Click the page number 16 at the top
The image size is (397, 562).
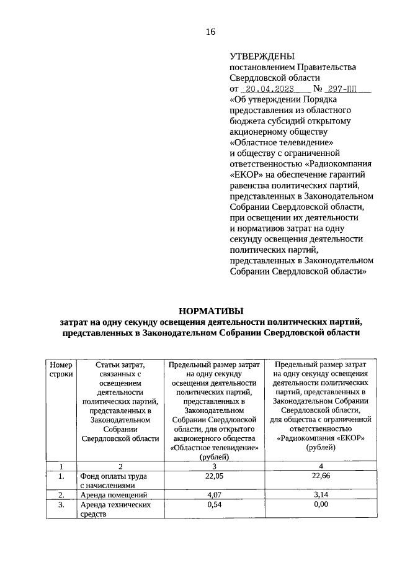(210, 32)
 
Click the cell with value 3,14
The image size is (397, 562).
(321, 495)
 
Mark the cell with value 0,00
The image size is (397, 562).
(321, 505)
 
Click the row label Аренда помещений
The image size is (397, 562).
(114, 496)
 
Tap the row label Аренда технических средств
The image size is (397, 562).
(115, 510)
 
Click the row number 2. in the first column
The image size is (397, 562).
(61, 496)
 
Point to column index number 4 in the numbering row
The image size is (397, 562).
(321, 466)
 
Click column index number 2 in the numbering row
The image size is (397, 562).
(121, 466)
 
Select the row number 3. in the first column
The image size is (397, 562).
(61, 505)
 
